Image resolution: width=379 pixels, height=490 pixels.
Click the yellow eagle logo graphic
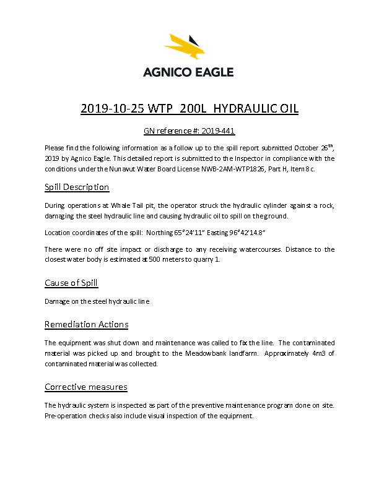[189, 48]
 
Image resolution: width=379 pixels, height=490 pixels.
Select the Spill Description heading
[77, 187]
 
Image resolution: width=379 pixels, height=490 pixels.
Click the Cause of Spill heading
[71, 283]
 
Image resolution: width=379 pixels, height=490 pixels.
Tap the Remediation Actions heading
[87, 324]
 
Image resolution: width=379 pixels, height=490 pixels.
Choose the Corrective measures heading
[86, 387]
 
